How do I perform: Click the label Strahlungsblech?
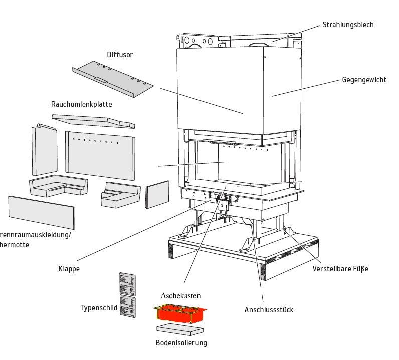(348, 25)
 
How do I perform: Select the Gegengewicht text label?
(364, 80)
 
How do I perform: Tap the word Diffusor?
(120, 55)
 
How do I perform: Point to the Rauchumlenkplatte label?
(81, 104)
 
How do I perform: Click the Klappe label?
(69, 269)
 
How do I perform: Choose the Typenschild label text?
(99, 307)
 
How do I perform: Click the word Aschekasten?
(180, 296)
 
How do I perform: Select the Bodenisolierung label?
(181, 343)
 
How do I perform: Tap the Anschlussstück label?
(269, 310)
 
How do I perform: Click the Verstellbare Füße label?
(340, 269)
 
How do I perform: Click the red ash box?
(179, 313)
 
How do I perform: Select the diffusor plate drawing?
(111, 80)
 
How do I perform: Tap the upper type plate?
(127, 283)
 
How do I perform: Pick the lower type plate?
(127, 306)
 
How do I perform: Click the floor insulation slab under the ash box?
(180, 329)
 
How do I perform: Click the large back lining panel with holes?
(100, 155)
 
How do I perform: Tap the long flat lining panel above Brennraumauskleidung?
(41, 212)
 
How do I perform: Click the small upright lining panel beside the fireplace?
(157, 194)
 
